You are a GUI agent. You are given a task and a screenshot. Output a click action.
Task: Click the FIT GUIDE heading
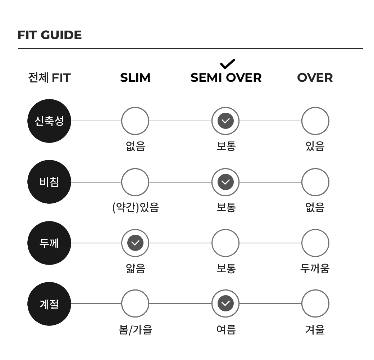point(50,35)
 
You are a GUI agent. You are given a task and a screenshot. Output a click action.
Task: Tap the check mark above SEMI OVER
point(228,64)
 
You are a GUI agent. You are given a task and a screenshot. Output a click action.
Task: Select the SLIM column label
point(135,78)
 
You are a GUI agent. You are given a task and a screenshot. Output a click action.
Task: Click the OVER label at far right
point(315,78)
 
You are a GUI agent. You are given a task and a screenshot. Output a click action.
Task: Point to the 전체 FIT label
point(49,78)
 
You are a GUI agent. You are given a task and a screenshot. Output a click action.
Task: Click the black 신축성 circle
point(49,121)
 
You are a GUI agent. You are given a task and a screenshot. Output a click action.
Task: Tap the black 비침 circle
point(49,182)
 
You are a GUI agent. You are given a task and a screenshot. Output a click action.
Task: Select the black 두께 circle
point(49,243)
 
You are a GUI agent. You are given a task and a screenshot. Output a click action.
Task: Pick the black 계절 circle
point(49,304)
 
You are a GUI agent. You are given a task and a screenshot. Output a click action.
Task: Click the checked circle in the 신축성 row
point(225,121)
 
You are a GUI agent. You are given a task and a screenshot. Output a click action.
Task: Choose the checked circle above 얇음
point(135,243)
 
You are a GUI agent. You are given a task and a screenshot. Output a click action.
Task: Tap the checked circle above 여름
point(225,303)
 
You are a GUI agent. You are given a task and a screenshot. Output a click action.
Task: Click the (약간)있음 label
point(136,207)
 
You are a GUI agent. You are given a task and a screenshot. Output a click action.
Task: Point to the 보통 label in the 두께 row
point(226,268)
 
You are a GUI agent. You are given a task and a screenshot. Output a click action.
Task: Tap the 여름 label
point(226,329)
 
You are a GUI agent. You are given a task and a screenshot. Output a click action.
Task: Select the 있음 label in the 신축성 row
point(315,146)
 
